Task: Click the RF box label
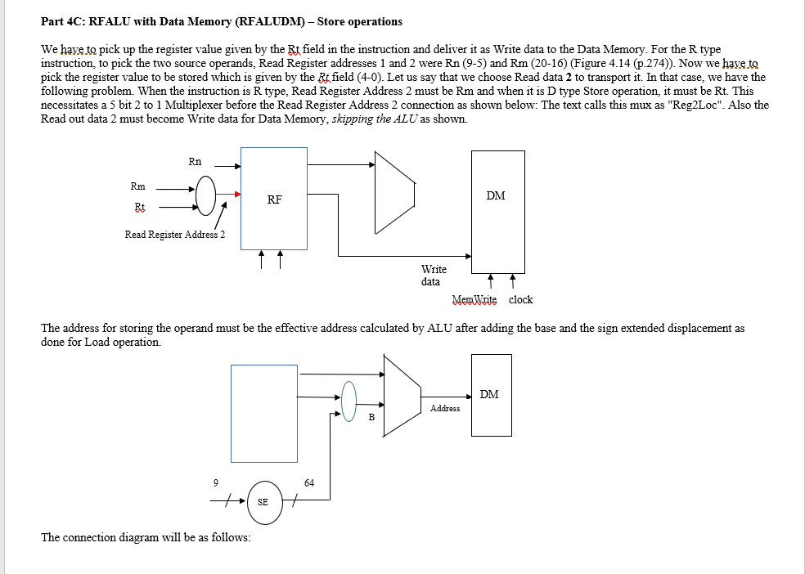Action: tap(274, 200)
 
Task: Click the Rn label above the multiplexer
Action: tap(195, 162)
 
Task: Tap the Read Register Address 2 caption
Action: tap(175, 235)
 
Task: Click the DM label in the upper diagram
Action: tap(496, 195)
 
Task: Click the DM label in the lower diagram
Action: tap(489, 394)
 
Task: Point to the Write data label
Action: tap(434, 276)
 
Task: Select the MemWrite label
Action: tap(474, 300)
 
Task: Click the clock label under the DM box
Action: tap(520, 300)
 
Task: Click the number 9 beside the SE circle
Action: tap(215, 482)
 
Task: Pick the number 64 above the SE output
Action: tap(308, 482)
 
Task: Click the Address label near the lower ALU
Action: tap(445, 408)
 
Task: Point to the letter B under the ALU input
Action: tap(371, 418)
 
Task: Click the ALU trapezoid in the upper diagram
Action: tap(393, 193)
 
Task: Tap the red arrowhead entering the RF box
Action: tap(237, 195)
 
